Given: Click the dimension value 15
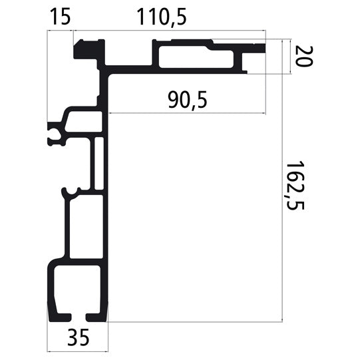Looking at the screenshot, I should pos(61,17).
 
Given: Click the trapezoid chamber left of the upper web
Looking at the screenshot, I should pos(84,121).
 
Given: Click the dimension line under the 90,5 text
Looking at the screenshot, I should pos(187,112).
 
